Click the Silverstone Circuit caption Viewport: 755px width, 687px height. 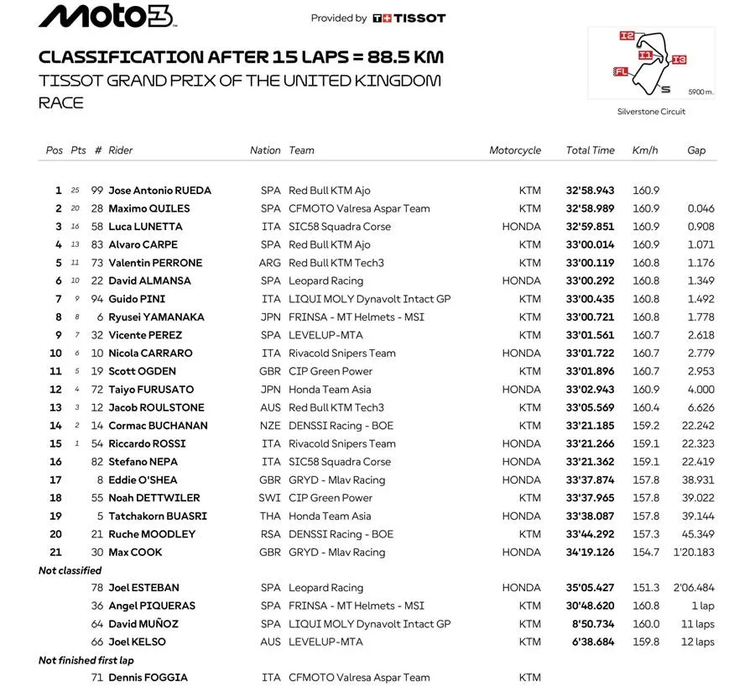point(651,112)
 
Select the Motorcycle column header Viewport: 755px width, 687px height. point(515,150)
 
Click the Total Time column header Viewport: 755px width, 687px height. point(590,150)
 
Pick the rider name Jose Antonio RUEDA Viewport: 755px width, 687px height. point(159,191)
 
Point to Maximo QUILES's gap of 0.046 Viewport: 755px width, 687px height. point(700,208)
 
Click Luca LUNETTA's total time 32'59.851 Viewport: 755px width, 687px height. point(590,227)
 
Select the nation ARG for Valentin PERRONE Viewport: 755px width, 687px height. point(270,263)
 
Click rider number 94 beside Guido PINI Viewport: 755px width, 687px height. point(97,299)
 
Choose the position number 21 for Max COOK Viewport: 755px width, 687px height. point(55,553)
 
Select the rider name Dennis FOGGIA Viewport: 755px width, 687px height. point(148,678)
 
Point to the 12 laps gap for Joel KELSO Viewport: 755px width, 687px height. point(698,642)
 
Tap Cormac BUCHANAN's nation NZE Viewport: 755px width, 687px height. point(270,426)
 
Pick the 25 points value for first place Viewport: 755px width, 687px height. point(75,191)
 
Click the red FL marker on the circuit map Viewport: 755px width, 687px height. point(622,71)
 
